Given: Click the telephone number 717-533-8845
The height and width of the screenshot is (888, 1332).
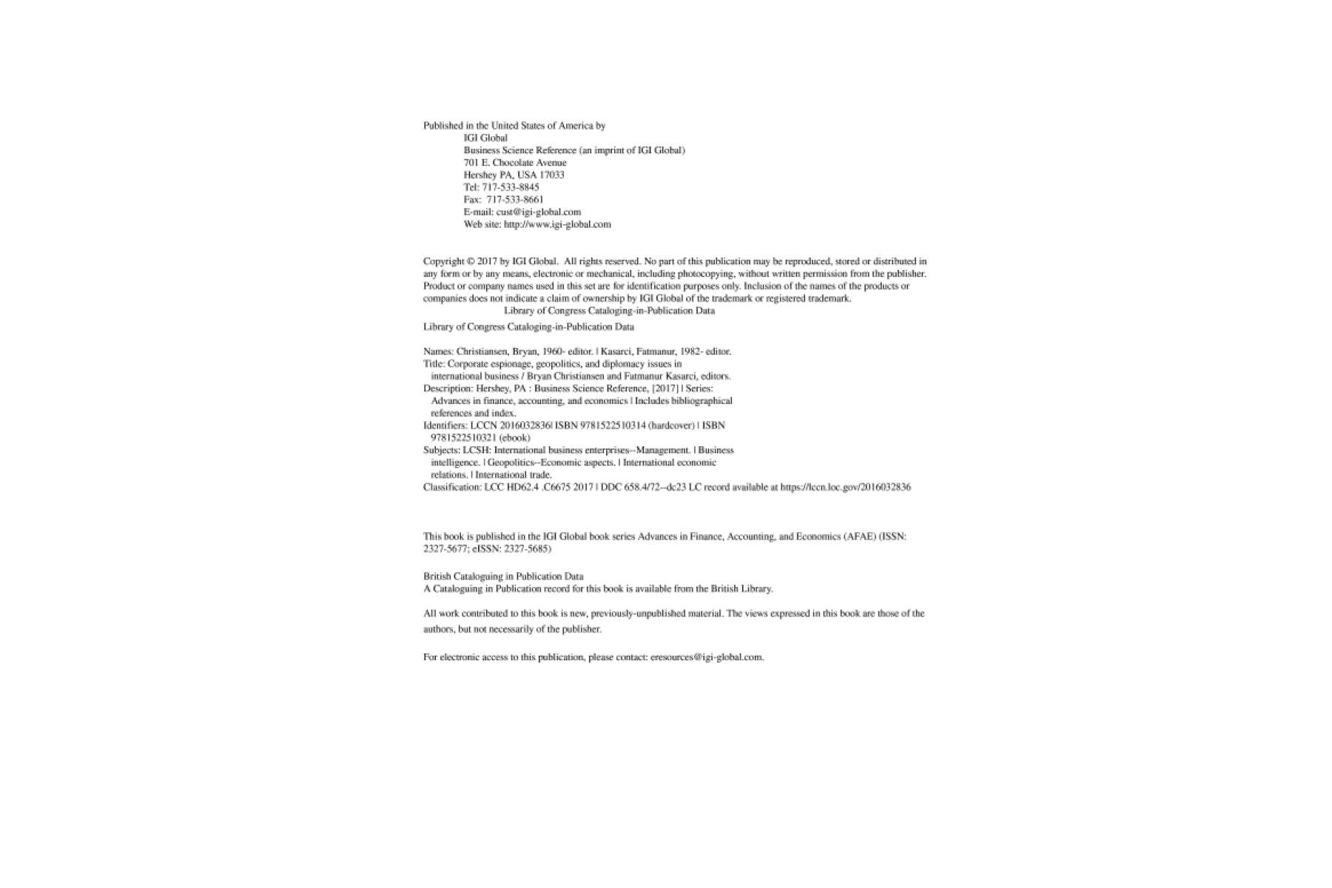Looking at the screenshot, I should [511, 187].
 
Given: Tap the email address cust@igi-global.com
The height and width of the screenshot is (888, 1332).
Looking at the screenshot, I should [539, 212].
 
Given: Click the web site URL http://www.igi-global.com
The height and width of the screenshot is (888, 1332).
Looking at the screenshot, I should [557, 224].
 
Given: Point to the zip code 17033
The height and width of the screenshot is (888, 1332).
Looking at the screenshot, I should [552, 175].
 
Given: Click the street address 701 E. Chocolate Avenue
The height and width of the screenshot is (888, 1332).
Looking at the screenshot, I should [515, 163].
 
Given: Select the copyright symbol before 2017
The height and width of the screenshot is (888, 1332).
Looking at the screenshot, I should [471, 261].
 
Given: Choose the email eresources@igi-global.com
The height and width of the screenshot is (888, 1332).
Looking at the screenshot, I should [707, 657].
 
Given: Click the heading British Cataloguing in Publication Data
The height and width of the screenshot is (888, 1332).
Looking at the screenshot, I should [503, 576].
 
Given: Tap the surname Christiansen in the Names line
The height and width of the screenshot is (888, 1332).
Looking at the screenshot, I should [482, 351].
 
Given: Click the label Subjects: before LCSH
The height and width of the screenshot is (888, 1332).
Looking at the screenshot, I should [442, 450].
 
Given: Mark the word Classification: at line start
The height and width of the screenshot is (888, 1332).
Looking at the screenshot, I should [452, 488].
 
